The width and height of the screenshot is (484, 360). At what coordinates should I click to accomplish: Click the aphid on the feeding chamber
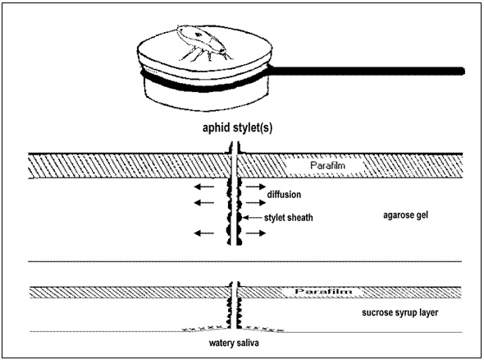pos(202,42)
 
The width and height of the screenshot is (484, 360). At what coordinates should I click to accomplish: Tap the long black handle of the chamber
pos(368,71)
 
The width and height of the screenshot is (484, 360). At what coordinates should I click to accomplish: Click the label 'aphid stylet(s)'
pos(237,127)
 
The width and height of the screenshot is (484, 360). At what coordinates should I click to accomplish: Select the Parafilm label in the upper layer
pos(327,165)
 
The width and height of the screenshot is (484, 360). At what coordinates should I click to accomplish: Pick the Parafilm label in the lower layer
pos(323,291)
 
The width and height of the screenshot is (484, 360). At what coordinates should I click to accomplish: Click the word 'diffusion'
pos(284,195)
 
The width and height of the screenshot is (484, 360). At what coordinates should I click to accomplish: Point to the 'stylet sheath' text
pos(288,218)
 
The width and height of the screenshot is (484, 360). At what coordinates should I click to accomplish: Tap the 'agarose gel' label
pos(405,215)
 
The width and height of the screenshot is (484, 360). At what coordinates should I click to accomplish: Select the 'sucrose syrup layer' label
pos(400,312)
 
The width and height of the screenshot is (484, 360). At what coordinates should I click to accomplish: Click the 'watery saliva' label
pos(234,343)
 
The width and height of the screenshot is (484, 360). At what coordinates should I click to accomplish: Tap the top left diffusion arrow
pos(204,187)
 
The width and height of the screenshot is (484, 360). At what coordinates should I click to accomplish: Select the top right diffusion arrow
pos(256,187)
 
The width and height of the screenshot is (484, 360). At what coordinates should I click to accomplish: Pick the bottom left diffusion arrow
pos(204,233)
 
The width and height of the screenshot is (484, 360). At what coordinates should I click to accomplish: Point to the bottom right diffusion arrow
pos(256,233)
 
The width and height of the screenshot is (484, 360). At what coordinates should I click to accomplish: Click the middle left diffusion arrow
pos(204,203)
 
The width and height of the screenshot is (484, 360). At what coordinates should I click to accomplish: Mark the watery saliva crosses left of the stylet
pos(203,328)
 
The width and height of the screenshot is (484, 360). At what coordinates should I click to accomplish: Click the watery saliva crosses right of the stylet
pos(263,329)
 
